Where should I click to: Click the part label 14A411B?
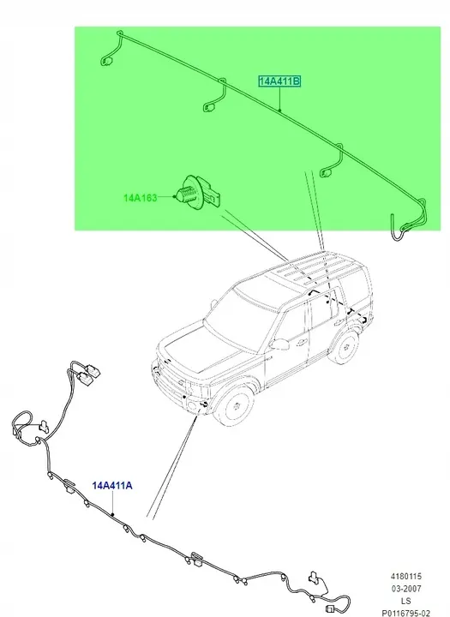click(279, 81)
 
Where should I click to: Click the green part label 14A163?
click(141, 198)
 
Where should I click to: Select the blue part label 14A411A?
click(112, 486)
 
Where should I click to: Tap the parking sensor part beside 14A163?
click(200, 193)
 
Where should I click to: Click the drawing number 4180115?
click(406, 577)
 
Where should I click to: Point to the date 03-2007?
click(406, 589)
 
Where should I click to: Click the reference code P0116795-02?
click(406, 613)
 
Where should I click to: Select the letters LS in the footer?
click(406, 601)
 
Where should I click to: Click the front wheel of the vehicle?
click(236, 405)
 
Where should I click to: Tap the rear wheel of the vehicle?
click(345, 347)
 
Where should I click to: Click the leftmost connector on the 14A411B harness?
click(107, 62)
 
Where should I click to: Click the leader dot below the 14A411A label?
click(112, 515)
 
